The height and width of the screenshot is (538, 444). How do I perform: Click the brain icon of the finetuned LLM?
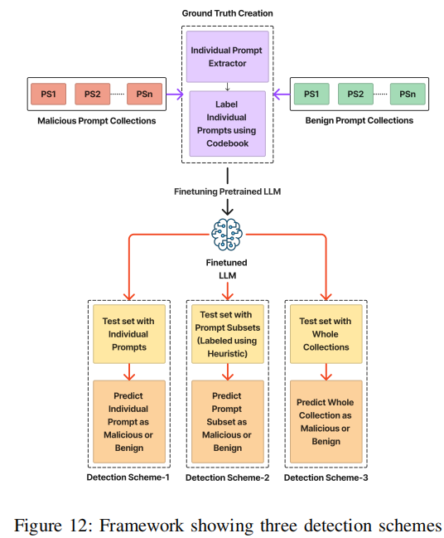pos(227,235)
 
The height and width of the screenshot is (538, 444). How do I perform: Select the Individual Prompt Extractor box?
pos(227,56)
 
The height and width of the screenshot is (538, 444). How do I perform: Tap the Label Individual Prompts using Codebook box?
pos(227,124)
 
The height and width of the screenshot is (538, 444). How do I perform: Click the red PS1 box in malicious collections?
pos(48,94)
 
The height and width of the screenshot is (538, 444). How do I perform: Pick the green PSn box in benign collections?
pos(408,94)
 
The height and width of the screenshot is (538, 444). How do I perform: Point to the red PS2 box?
pos(93,94)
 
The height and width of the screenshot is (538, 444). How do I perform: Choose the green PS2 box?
pos(355,94)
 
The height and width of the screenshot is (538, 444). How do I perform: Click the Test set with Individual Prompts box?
pos(129,334)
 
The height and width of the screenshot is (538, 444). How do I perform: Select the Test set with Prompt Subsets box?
pos(228,334)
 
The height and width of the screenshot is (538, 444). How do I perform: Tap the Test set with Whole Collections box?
pos(326,334)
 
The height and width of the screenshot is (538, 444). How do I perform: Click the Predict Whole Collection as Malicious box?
pos(326,421)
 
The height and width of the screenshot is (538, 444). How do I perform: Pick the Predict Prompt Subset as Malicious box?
pos(228,421)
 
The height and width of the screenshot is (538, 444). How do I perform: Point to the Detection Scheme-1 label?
pos(128,477)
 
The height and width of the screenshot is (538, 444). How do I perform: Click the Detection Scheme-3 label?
pos(326,477)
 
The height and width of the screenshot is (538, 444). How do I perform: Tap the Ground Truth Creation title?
pos(227,13)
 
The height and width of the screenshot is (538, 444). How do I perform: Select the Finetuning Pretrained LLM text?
pos(227,191)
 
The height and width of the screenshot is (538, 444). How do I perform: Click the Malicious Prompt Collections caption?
pos(97,121)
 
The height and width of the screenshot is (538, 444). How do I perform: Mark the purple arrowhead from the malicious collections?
pos(180,94)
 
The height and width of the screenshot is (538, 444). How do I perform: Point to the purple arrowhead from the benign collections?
pos(277,94)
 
